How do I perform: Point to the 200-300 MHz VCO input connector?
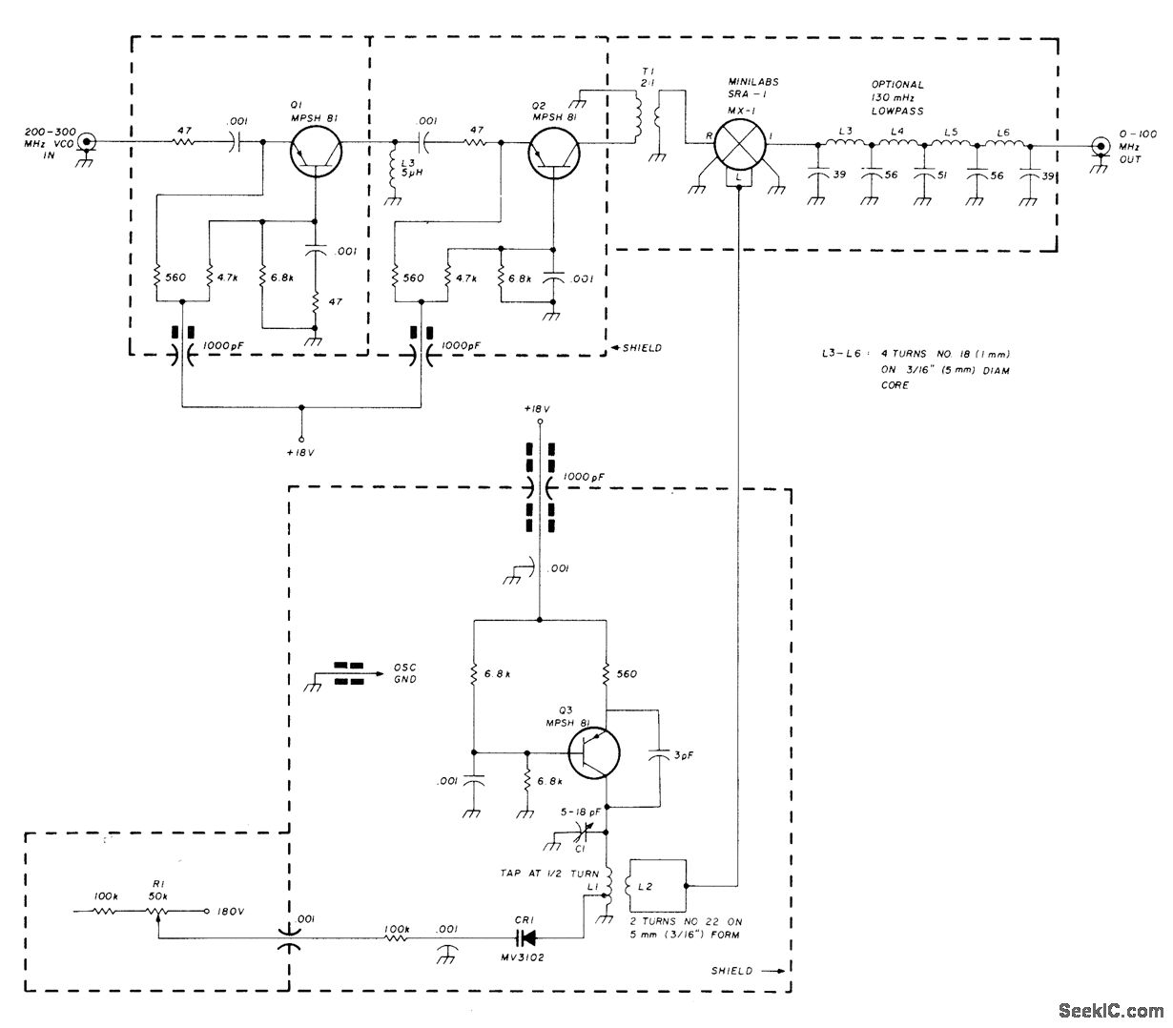(87, 142)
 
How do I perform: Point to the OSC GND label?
(406, 673)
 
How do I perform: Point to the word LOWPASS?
(896, 111)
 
